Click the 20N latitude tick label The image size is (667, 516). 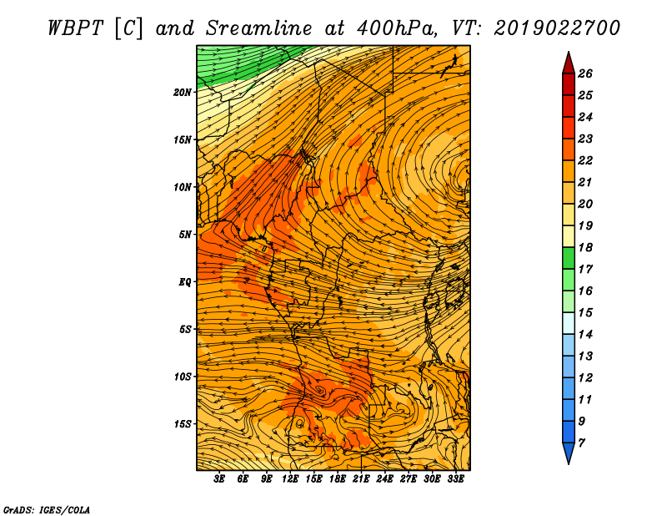click(x=182, y=93)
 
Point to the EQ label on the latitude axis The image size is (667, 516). click(x=184, y=282)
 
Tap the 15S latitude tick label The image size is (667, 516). click(x=182, y=424)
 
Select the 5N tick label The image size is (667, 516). click(x=184, y=235)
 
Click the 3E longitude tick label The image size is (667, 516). click(x=219, y=479)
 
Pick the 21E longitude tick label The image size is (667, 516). click(x=361, y=479)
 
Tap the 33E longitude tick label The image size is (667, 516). click(x=455, y=479)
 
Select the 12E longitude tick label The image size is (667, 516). click(x=289, y=479)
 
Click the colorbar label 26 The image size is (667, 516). click(x=585, y=73)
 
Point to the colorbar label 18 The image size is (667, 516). click(x=585, y=247)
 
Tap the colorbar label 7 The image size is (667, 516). click(x=581, y=443)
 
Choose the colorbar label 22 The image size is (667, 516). click(x=585, y=160)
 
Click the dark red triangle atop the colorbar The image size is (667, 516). click(x=569, y=64)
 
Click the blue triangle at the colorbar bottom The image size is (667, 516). click(x=569, y=452)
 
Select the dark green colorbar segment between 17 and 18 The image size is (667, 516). click(x=569, y=258)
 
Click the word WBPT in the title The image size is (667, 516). click(x=75, y=28)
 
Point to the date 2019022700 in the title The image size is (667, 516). click(x=557, y=28)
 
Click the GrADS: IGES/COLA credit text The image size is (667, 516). click(x=47, y=509)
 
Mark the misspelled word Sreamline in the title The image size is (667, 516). click(x=258, y=28)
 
